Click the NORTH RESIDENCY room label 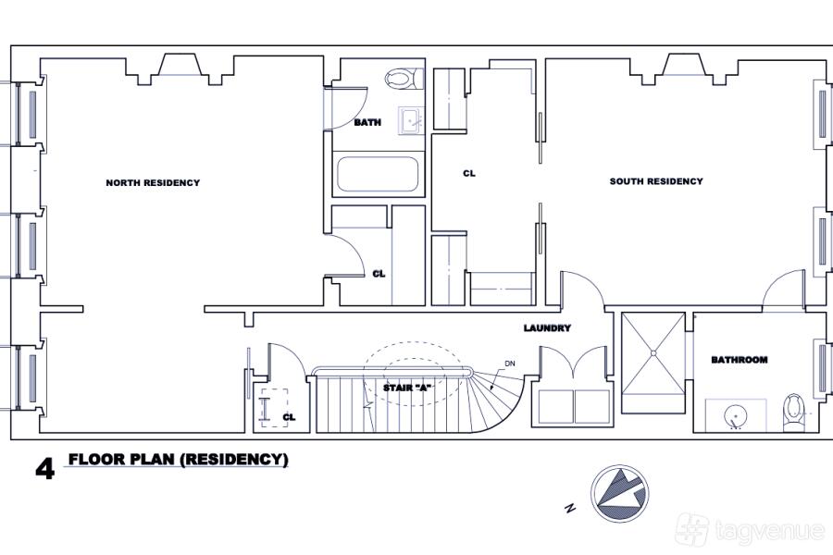point(153,183)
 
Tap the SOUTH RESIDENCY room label point(656,181)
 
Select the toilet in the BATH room point(404,79)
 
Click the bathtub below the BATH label point(378,174)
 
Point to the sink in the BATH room point(411,121)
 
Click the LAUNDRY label point(547,328)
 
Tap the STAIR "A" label point(407,388)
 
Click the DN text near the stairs point(509,364)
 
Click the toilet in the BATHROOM point(794,413)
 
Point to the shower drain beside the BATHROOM point(653,352)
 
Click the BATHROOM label point(740,360)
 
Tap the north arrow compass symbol point(619,494)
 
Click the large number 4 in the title point(44,469)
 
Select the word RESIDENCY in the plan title point(234,460)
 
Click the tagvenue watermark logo point(750,529)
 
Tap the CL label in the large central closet point(469,174)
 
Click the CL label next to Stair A point(289,417)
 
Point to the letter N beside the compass point(570,508)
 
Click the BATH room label point(367,123)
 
